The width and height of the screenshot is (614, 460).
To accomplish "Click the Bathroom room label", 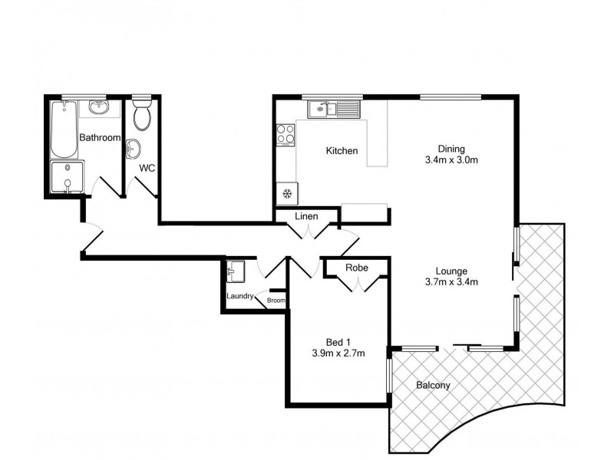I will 100,138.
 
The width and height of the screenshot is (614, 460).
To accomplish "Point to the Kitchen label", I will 342,151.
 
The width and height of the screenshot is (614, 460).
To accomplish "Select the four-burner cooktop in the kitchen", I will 286,134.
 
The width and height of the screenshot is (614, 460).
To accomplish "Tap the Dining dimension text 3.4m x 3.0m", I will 451,161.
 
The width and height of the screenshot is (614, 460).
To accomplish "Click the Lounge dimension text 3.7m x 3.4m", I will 451,281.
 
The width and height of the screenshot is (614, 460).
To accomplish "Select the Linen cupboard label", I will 306,217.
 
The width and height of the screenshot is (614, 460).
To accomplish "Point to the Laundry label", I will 240,297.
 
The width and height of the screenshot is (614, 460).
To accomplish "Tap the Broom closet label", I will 276,301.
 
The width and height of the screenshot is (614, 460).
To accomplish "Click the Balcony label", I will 433,385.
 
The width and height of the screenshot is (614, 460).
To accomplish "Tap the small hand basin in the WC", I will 132,146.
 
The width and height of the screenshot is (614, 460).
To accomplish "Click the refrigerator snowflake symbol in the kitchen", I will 287,193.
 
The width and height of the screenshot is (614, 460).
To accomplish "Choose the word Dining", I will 451,149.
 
